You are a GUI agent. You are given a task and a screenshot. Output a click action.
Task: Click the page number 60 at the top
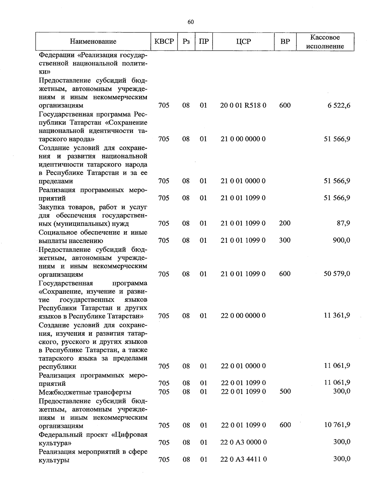point(191,22)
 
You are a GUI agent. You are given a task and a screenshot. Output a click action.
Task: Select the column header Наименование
point(93,42)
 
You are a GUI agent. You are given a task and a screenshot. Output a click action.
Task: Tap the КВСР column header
point(164,42)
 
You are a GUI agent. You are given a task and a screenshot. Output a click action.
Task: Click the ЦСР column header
point(243,42)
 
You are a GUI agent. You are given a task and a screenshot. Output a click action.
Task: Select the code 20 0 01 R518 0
point(243,106)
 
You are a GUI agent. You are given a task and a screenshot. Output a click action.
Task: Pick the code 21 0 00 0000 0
point(243,139)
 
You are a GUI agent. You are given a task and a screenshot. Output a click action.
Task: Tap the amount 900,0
point(341,240)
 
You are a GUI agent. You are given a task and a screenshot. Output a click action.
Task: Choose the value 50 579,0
point(337,274)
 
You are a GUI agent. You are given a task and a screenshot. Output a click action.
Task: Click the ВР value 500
point(285,392)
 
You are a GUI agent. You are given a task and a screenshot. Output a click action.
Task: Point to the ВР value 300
point(285,240)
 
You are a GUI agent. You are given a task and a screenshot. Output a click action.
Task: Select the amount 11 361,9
point(337,315)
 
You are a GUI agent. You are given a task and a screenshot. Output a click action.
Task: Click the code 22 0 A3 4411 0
point(243,459)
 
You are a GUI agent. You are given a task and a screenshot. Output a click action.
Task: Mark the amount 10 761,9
point(337,425)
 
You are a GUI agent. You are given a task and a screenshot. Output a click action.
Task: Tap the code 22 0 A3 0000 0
point(243,442)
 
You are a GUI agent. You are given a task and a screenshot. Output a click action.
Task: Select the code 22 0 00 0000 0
point(243,315)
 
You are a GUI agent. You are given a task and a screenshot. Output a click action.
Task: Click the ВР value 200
point(285,223)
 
